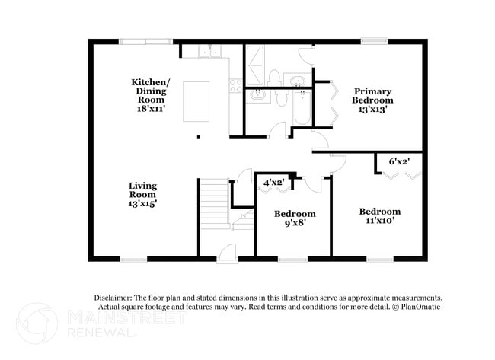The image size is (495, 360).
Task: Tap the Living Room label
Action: point(142,194)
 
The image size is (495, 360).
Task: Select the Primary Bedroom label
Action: point(372,100)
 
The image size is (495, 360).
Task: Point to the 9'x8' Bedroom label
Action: point(295,218)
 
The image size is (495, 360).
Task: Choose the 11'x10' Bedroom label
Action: point(380,215)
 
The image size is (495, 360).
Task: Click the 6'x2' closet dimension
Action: point(399,161)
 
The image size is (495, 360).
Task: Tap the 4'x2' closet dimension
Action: point(273,183)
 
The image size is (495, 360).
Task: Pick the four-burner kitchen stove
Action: point(236,85)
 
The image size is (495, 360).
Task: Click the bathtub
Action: point(302,107)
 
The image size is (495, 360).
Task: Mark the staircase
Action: point(214,203)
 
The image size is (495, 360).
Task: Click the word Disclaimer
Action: point(112,298)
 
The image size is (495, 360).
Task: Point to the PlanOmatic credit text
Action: point(417,307)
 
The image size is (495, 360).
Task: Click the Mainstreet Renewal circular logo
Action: point(37,323)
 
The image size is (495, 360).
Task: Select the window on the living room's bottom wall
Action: point(133,259)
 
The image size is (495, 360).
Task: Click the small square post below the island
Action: point(199,137)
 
